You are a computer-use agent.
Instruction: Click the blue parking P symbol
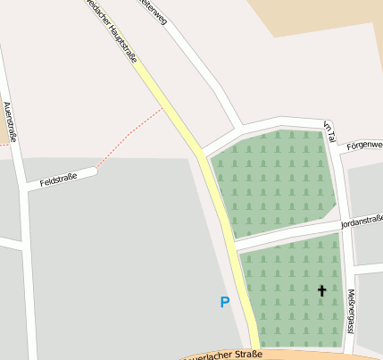(224, 302)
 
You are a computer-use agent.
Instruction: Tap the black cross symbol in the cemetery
(321, 290)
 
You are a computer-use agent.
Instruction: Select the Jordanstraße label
(362, 221)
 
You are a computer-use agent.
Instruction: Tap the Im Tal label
(329, 132)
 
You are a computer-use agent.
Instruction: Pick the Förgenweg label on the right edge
(364, 144)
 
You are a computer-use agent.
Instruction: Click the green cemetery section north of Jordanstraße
(272, 183)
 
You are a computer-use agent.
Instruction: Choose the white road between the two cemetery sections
(286, 236)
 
